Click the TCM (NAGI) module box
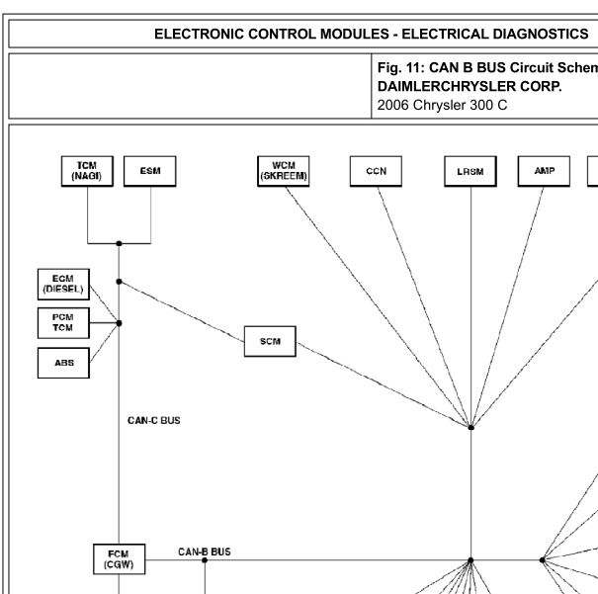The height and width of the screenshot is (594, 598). (87, 171)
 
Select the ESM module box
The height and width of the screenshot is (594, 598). (150, 171)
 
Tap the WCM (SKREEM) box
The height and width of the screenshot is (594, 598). (284, 171)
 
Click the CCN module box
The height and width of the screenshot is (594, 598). (376, 171)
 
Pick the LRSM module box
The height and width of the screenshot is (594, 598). (470, 171)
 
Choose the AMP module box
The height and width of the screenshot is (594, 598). (544, 171)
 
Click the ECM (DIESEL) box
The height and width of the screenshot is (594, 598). (63, 284)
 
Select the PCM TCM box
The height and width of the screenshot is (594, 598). (63, 323)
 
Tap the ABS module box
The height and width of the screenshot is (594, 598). (63, 363)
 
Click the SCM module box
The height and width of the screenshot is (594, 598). (270, 341)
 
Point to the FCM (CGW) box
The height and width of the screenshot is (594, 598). (120, 559)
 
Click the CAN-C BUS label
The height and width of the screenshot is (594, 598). (153, 420)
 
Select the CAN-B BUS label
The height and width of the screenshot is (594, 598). (205, 552)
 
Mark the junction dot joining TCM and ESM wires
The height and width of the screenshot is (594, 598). (119, 243)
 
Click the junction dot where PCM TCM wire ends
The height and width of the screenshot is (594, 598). (119, 323)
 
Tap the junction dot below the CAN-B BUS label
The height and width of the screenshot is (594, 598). (205, 560)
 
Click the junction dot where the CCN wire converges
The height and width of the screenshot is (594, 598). (471, 427)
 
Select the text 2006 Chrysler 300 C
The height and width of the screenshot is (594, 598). (443, 105)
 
